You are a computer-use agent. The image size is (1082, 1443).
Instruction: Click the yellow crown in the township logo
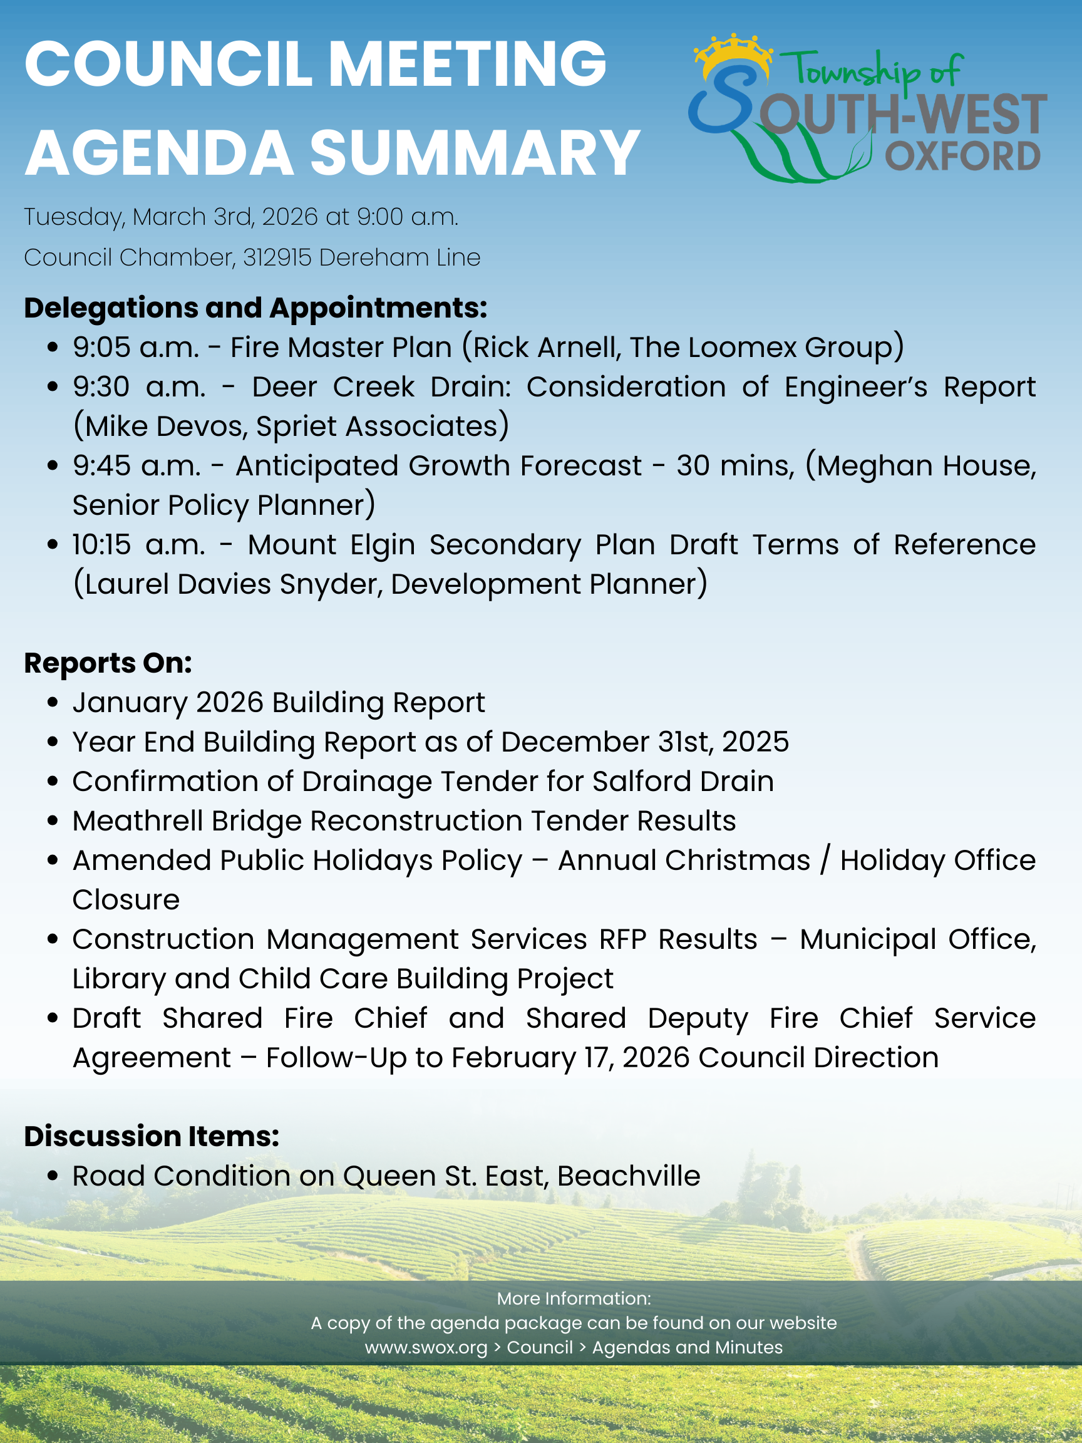coord(733,50)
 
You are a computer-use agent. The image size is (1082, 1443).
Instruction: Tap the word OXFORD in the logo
coord(962,157)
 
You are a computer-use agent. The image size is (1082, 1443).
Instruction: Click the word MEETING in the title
coord(467,64)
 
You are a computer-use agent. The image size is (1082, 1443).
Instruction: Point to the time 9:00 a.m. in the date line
coord(408,217)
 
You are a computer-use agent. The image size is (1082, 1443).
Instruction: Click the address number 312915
coord(277,257)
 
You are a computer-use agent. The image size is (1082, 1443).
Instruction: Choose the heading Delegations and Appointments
coord(255,308)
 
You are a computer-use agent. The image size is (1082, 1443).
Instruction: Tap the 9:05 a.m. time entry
coord(136,348)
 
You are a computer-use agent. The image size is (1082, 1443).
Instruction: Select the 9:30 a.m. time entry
coord(139,387)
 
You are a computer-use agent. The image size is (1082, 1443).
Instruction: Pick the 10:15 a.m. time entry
coord(138,545)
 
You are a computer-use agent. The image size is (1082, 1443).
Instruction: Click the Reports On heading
coord(108,663)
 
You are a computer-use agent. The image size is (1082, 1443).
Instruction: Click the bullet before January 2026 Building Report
coord(53,703)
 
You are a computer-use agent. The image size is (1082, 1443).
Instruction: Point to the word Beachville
coord(629,1176)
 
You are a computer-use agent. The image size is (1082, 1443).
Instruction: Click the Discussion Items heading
coord(152,1136)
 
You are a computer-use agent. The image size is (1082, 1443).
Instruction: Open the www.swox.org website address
coord(426,1347)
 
